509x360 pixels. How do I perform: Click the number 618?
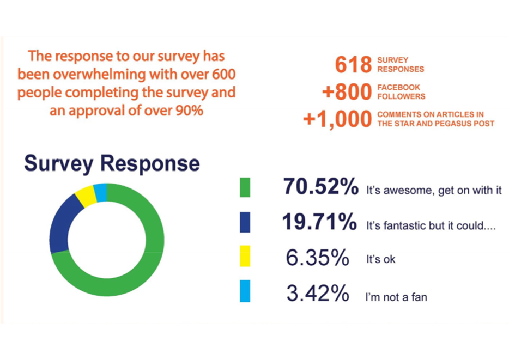(x=353, y=65)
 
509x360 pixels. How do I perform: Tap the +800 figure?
(x=346, y=92)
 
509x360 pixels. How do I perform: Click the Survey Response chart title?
(x=112, y=164)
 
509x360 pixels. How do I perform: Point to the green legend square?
(x=245, y=187)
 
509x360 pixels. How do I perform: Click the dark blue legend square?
(x=245, y=222)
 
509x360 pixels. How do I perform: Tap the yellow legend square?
(x=245, y=257)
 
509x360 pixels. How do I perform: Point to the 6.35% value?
(x=317, y=258)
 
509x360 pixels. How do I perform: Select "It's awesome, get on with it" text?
(x=433, y=191)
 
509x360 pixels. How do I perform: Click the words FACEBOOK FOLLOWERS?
(x=401, y=92)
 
